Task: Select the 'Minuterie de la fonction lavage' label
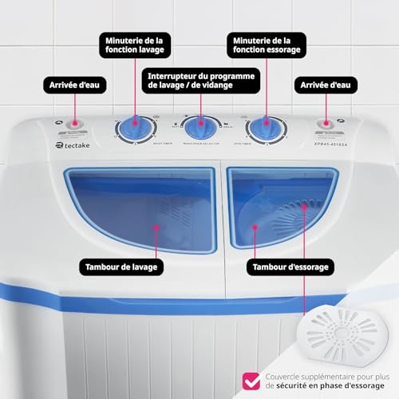click(135, 45)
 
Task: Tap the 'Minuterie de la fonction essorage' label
click(264, 45)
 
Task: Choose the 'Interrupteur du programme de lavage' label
click(199, 81)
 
